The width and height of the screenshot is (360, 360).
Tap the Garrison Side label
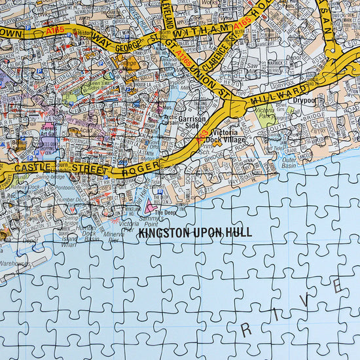pos(193,124)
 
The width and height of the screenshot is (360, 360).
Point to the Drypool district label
pos(304,101)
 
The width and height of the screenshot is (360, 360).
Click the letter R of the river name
pos(246,331)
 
